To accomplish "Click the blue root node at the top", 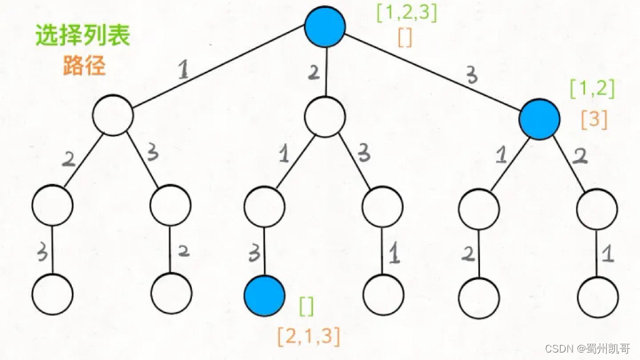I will point(325,26).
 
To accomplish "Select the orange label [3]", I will point(594,119).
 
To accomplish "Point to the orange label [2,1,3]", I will point(309,336).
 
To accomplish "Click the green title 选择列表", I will point(82,36).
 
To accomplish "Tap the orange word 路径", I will point(84,66).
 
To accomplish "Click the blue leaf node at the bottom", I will point(264,294).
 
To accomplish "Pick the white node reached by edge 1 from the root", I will point(113,115).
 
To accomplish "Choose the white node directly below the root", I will point(325,115).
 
